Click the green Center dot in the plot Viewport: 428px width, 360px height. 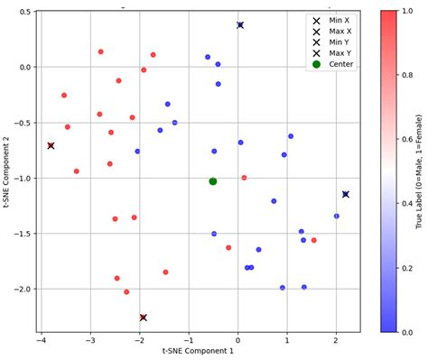(213, 181)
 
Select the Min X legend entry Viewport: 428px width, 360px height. (337, 20)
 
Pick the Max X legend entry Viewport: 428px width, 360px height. (337, 31)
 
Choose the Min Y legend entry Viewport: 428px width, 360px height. (337, 42)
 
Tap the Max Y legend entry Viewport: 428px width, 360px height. (337, 53)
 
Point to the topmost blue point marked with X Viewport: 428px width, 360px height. (240, 25)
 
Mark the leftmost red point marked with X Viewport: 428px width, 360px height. (51, 145)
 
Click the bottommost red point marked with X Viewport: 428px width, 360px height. (143, 318)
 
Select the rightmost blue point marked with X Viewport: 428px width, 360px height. (345, 194)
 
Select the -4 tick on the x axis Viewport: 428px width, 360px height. (41, 341)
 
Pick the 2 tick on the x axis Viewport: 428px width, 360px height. (336, 341)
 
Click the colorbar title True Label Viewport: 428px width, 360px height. (421, 171)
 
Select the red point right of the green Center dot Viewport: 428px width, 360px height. (244, 178)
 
